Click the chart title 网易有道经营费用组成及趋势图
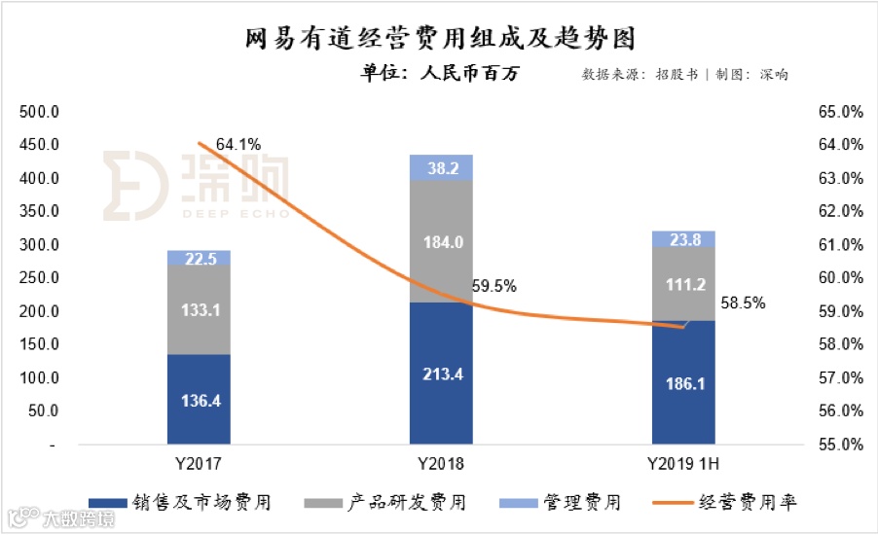click(438, 38)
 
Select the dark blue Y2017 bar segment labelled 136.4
click(199, 400)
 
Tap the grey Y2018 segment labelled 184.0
click(441, 241)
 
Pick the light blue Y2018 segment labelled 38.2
click(441, 167)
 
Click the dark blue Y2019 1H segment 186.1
click(683, 382)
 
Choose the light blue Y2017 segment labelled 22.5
click(199, 258)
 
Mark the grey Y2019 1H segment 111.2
click(683, 283)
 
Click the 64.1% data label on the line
click(238, 145)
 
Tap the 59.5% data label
click(494, 287)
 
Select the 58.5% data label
click(743, 303)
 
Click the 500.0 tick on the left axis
click(41, 112)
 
